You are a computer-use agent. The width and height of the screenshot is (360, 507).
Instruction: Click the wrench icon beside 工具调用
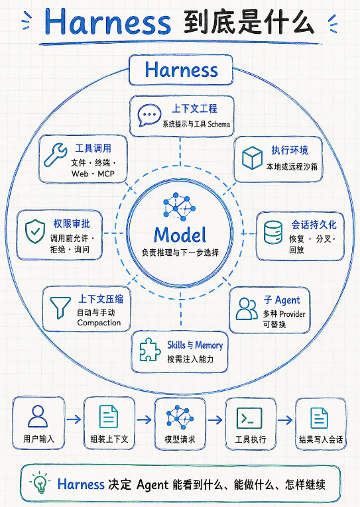(x=55, y=155)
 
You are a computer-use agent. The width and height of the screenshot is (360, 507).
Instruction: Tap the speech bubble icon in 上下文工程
(x=149, y=115)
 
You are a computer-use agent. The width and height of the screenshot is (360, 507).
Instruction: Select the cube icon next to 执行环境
(x=252, y=158)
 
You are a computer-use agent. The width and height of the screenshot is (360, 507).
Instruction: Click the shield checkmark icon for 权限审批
(x=35, y=231)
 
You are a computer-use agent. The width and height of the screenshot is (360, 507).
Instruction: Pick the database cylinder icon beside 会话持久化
(x=272, y=232)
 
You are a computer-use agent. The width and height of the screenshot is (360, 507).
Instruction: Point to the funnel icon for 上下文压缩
(x=60, y=308)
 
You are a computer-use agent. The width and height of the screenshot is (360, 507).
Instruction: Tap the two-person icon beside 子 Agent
(x=247, y=309)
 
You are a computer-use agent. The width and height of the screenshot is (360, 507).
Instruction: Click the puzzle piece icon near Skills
(x=150, y=349)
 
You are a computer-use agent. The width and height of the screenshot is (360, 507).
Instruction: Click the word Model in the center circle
(x=180, y=235)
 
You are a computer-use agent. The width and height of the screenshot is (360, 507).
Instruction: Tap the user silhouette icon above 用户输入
(x=38, y=416)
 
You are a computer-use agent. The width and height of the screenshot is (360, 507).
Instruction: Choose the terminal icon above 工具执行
(x=249, y=418)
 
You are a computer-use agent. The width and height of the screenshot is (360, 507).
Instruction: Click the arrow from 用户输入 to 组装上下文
(x=74, y=420)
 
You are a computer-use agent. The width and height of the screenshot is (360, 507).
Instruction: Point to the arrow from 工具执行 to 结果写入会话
(x=285, y=420)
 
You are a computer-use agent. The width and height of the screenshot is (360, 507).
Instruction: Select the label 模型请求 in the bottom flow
(x=180, y=439)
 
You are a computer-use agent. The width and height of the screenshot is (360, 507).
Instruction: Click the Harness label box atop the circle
(x=181, y=70)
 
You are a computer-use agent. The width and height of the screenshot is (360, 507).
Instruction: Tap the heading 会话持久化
(x=314, y=225)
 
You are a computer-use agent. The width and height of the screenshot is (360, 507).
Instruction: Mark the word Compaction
(x=99, y=323)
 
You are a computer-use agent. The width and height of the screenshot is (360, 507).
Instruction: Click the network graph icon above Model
(x=179, y=207)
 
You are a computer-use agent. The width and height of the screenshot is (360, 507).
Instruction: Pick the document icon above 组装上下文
(x=109, y=417)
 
